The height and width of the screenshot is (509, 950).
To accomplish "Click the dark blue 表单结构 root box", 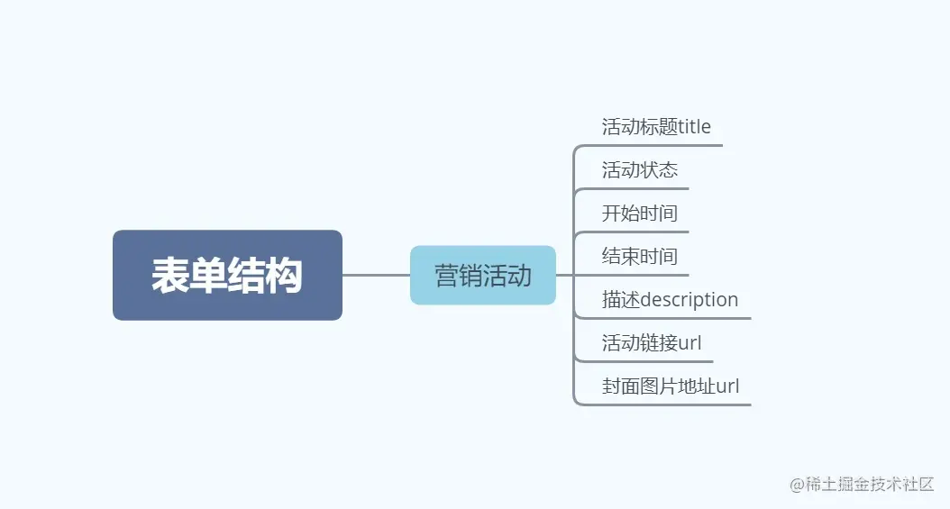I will [227, 275].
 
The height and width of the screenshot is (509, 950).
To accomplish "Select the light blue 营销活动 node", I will [483, 275].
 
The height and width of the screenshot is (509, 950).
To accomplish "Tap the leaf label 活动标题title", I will [656, 127].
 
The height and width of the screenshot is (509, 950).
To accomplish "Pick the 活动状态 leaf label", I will [640, 170].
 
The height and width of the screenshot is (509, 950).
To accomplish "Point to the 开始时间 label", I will [640, 214].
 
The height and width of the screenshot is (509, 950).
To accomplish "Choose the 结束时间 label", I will [640, 257].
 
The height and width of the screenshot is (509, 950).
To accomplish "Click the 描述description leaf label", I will [670, 300].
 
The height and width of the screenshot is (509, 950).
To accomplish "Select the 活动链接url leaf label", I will [652, 343].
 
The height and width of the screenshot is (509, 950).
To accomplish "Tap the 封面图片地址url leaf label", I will [671, 387].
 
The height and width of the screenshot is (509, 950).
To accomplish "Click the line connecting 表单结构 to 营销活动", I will [376, 275].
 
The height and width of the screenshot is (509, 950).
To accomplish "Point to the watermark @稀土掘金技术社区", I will [862, 485].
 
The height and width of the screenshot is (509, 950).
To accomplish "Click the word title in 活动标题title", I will [694, 127].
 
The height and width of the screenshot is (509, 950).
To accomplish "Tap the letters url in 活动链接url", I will [690, 343].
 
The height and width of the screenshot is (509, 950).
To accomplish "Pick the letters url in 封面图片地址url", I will [727, 387].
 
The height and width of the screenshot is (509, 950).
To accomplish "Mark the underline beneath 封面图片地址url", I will [667, 404].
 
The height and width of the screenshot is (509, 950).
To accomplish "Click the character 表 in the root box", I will [169, 276].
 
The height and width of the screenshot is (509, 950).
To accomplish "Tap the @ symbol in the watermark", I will [797, 486].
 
